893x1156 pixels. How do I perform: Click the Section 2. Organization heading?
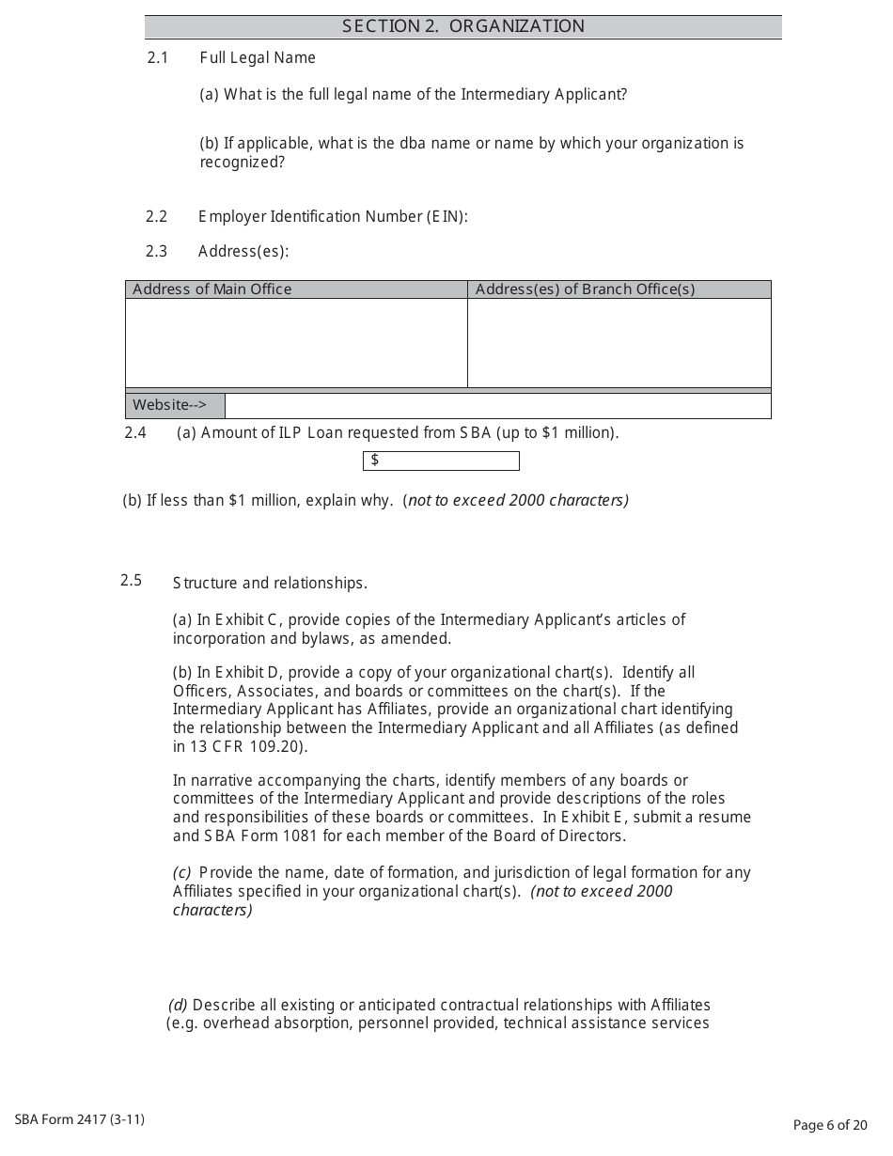(x=462, y=26)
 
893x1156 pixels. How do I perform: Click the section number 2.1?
(x=157, y=58)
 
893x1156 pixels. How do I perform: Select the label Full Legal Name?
(x=258, y=58)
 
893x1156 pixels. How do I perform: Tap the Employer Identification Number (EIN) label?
(x=333, y=217)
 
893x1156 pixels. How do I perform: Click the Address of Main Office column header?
(x=212, y=289)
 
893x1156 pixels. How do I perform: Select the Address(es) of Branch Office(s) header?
(x=585, y=289)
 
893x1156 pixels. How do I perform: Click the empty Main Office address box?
(x=296, y=342)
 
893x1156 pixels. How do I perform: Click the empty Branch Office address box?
(x=619, y=342)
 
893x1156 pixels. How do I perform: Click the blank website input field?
(x=497, y=406)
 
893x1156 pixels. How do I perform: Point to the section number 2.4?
(x=135, y=433)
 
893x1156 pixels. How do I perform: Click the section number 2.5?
(x=131, y=581)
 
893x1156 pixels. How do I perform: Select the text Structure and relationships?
(x=270, y=584)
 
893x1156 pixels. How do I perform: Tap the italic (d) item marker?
(x=178, y=1005)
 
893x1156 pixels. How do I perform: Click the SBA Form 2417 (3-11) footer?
(x=80, y=1119)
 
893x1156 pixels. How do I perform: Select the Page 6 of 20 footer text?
(x=830, y=1125)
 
